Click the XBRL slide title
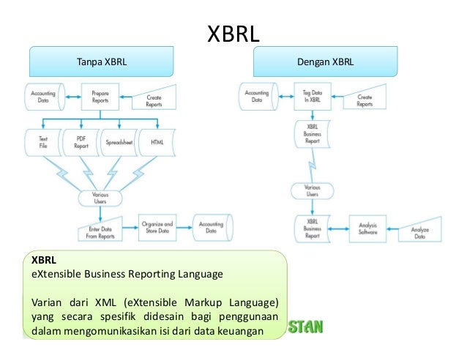pos(234,34)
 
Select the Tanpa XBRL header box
pos(102,62)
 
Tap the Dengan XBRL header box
pos(325,62)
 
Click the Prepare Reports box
pos(100,97)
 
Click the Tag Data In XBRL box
pos(312,97)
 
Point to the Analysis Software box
pos(367,228)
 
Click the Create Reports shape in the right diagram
pos(365,100)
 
